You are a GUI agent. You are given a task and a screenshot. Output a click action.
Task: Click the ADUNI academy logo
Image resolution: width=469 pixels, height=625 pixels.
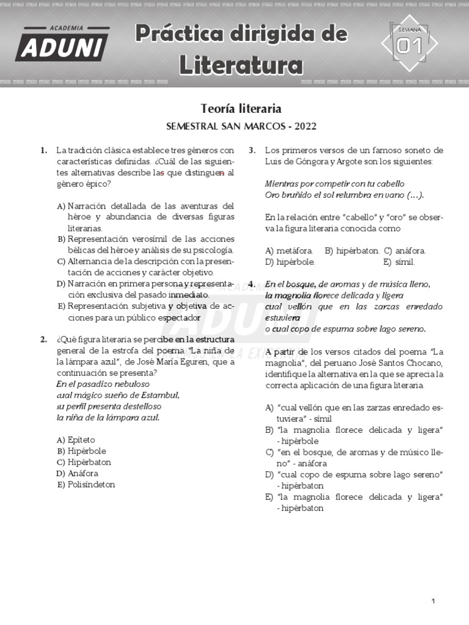(x=62, y=44)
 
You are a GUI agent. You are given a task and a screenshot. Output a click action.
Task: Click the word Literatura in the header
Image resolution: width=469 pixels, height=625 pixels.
(x=241, y=65)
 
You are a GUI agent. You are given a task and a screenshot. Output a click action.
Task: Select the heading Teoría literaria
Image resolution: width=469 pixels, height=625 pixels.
(x=241, y=109)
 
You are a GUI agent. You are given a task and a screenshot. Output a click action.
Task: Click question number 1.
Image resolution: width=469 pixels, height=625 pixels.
(x=43, y=150)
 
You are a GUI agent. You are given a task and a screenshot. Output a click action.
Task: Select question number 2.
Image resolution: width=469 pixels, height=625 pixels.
(x=43, y=339)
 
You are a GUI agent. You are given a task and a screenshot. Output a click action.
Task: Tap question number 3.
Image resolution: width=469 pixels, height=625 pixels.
(x=252, y=150)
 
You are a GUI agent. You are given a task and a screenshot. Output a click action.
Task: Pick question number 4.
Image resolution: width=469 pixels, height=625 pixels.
(x=252, y=284)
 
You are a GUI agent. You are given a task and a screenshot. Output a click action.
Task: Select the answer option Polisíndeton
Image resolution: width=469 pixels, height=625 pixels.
(x=91, y=485)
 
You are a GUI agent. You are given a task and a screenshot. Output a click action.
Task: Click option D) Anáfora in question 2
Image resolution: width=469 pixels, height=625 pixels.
(x=77, y=473)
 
